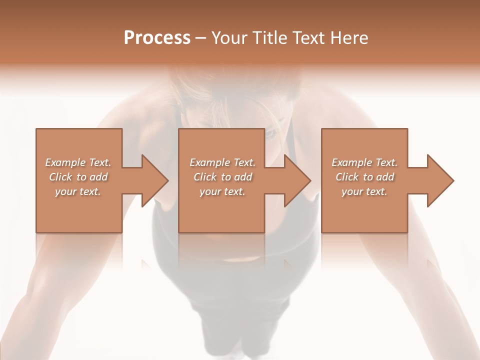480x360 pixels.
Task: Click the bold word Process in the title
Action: (x=157, y=38)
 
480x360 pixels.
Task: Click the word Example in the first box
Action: (x=65, y=162)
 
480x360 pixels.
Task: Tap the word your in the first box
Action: (x=65, y=192)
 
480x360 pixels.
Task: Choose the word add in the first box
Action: (x=98, y=177)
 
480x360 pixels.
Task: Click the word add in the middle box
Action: (x=243, y=177)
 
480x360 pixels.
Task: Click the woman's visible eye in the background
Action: (x=270, y=134)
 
